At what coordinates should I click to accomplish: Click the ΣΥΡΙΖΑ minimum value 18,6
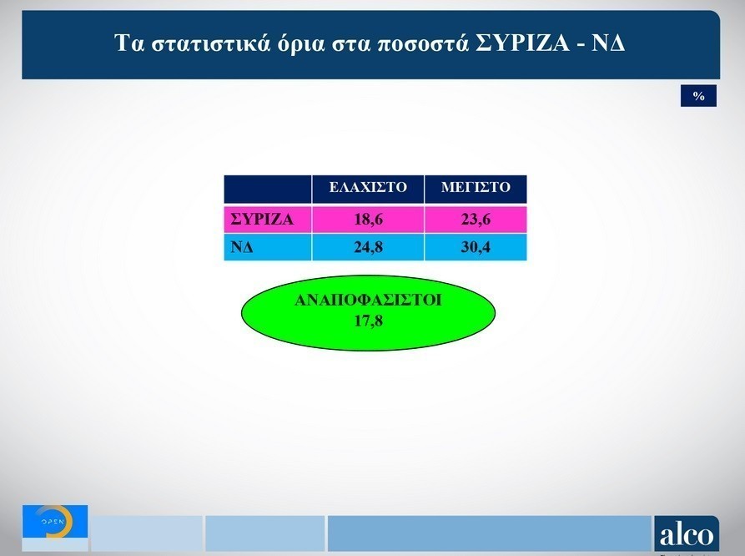click(368, 220)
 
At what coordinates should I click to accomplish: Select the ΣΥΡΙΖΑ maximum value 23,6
click(476, 220)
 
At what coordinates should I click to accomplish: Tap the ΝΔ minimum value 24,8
click(368, 247)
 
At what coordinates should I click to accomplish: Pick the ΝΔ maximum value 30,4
click(476, 247)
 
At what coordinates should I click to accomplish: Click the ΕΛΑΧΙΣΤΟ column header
click(368, 187)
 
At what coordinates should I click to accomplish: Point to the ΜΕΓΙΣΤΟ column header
click(476, 187)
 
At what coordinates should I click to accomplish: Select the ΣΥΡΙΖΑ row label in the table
click(262, 220)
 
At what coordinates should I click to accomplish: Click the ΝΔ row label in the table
click(242, 247)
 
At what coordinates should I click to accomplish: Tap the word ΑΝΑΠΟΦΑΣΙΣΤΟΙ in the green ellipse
click(368, 300)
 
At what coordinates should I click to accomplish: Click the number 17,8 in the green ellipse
click(368, 321)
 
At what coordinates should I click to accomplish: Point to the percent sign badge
click(698, 96)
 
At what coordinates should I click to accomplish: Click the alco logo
click(687, 534)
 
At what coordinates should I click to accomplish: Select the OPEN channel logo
click(55, 521)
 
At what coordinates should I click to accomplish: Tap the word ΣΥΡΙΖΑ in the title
click(522, 43)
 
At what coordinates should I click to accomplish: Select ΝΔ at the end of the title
click(608, 43)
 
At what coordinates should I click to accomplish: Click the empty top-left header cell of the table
click(268, 190)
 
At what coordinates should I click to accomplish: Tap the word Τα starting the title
click(129, 43)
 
